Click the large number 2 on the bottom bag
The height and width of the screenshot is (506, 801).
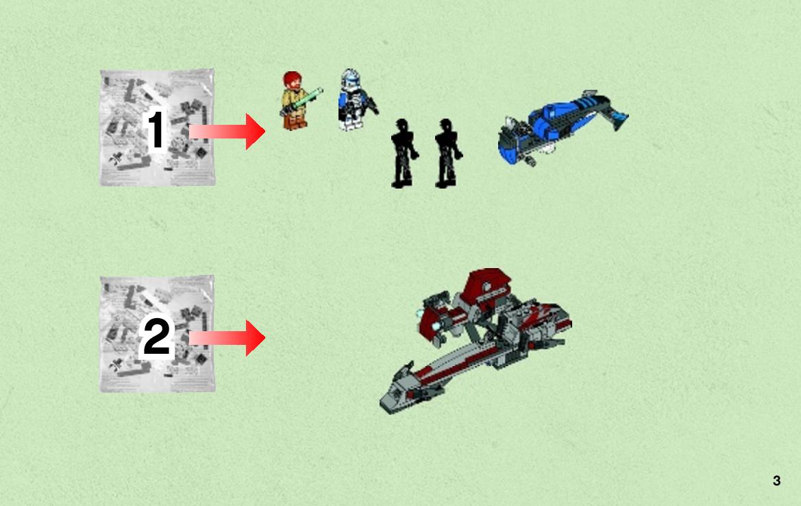156,336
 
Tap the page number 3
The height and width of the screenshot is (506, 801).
776,481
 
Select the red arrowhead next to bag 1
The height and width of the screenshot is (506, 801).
255,132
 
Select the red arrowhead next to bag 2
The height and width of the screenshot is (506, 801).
255,338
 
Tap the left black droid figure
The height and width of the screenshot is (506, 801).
404,154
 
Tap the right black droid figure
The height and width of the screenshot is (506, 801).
447,154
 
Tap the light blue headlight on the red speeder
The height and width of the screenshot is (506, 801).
436,326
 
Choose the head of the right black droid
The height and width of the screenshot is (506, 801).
446,125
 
